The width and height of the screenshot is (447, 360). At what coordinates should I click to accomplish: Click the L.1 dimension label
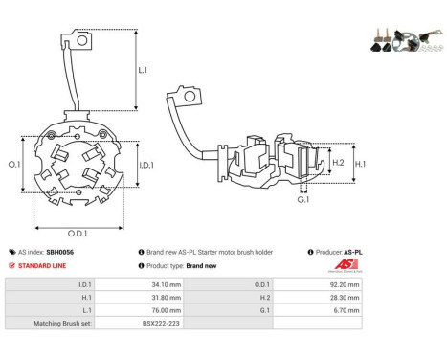[143, 70]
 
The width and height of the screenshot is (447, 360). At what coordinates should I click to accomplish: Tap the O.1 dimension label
[14, 165]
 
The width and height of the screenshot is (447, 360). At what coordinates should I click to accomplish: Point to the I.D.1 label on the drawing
[146, 165]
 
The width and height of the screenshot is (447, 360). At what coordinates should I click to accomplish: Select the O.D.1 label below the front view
[78, 234]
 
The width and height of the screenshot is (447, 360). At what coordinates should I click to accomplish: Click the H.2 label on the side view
[338, 163]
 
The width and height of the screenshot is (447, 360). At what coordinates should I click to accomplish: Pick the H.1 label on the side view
[360, 164]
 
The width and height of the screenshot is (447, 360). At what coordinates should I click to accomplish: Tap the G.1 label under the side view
[303, 200]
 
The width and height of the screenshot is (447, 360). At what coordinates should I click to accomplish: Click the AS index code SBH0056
[59, 252]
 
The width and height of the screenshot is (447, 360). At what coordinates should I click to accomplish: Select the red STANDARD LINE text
[42, 266]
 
